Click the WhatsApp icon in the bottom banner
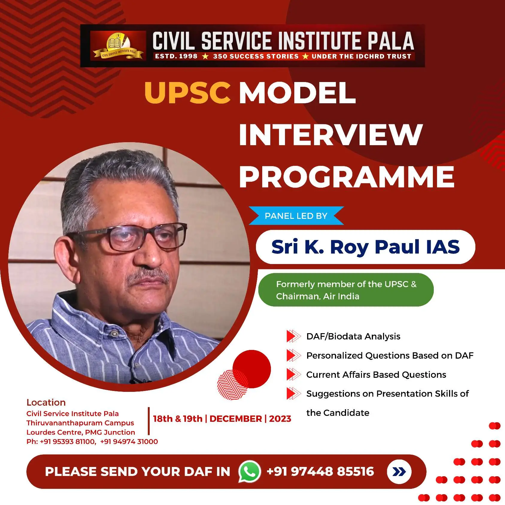tap(249, 471)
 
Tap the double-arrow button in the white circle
tap(399, 472)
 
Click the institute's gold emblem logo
tap(118, 46)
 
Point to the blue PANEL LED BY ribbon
tap(296, 216)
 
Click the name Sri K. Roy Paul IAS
tap(366, 247)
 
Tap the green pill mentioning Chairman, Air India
tap(346, 290)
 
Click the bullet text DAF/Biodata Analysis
tap(353, 336)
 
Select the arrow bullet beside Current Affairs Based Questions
tap(294, 374)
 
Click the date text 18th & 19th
tap(178, 418)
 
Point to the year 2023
tap(280, 418)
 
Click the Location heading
tap(46, 402)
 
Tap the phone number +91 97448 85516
tap(320, 471)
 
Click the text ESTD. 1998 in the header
tap(176, 56)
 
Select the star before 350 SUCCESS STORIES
tap(205, 56)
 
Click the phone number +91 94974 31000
tap(129, 442)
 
